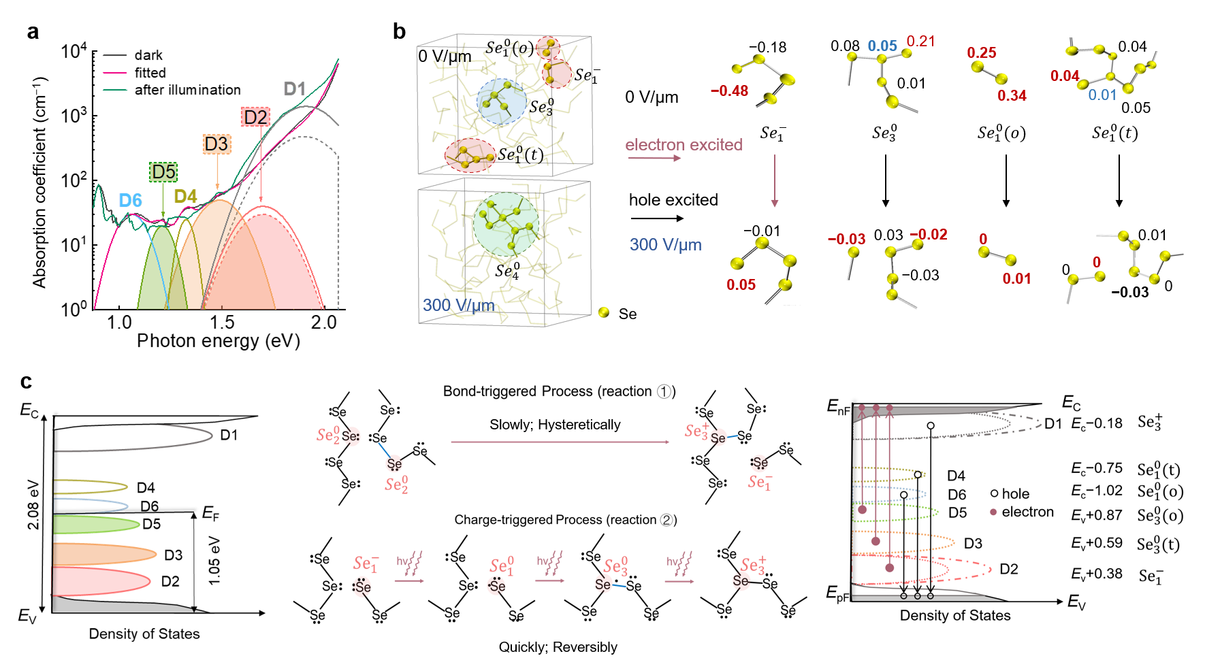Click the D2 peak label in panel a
[x=255, y=117]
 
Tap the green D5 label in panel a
[x=163, y=171]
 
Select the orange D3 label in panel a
[x=216, y=144]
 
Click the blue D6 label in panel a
[x=130, y=200]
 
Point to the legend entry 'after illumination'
[x=187, y=90]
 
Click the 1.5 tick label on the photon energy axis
[x=222, y=323]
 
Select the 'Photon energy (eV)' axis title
[x=218, y=341]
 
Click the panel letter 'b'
[x=399, y=31]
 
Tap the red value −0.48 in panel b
[x=729, y=91]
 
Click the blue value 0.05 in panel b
[x=882, y=46]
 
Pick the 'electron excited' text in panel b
[x=684, y=145]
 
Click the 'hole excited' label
[x=673, y=200]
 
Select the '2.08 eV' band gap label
[x=33, y=504]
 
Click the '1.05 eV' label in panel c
[x=214, y=561]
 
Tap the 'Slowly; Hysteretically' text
[x=555, y=425]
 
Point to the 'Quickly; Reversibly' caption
[x=558, y=646]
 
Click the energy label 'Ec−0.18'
[x=1096, y=423]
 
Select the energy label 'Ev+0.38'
[x=1096, y=574]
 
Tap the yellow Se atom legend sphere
[x=604, y=312]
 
